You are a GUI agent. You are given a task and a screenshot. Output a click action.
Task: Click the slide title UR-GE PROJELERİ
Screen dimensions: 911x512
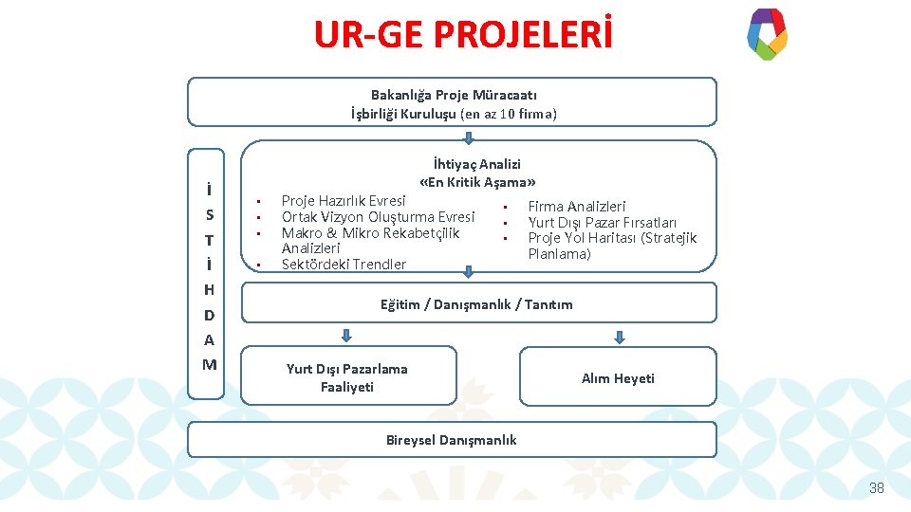[x=463, y=35]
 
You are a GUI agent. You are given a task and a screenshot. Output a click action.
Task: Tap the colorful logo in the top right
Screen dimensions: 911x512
[x=767, y=34]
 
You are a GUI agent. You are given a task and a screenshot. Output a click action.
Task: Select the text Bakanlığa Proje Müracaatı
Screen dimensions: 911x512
[x=454, y=95]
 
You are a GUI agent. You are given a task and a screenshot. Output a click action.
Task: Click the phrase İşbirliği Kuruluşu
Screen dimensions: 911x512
[x=403, y=114]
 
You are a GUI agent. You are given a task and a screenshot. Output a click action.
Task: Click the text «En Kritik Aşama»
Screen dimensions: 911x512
[x=477, y=181]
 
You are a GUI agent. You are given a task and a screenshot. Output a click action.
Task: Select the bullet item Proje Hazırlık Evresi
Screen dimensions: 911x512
[x=344, y=201]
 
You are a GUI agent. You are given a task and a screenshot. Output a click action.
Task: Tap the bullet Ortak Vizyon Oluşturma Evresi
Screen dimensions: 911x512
[x=378, y=217]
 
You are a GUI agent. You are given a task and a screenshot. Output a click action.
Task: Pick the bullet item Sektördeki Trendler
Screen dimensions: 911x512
[x=344, y=265]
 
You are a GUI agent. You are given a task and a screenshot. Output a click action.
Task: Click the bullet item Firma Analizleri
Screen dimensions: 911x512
[x=576, y=207]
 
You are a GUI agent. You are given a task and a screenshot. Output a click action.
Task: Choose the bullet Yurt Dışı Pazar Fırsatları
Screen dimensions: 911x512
[x=602, y=223]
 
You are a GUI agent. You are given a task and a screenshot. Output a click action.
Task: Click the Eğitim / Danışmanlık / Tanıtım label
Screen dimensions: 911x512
[x=476, y=304]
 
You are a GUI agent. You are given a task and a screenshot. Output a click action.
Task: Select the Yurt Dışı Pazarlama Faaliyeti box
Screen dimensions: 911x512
[x=347, y=377]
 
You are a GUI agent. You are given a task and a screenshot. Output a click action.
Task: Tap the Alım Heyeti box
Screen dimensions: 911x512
[x=618, y=378]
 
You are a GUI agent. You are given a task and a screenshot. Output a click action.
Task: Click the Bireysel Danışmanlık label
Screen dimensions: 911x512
[x=452, y=440]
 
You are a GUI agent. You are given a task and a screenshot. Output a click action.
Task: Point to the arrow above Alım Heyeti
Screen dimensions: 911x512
[x=620, y=336]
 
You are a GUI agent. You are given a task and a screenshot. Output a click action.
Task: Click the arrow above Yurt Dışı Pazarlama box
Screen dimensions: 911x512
[x=346, y=336]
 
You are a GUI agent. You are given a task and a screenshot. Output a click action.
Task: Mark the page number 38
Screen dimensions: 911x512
[x=876, y=488]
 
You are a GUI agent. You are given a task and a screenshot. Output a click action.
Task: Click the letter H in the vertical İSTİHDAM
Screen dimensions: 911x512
[x=209, y=290]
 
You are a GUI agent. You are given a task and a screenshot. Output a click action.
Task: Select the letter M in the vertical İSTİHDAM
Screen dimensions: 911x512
[x=209, y=365]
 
